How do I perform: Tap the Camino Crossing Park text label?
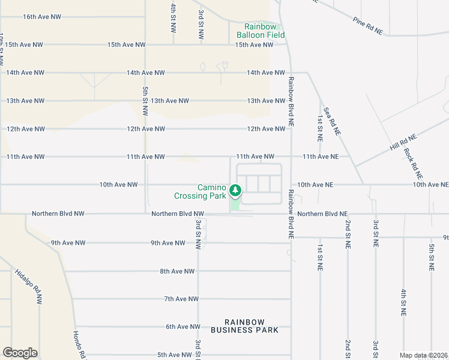pyautogui.click(x=200, y=191)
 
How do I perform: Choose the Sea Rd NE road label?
pyautogui.click(x=332, y=121)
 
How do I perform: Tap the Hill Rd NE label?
pyautogui.click(x=402, y=142)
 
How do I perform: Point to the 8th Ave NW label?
pyautogui.click(x=177, y=271)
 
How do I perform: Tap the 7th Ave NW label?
pyautogui.click(x=181, y=299)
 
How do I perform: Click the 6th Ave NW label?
pyautogui.click(x=182, y=326)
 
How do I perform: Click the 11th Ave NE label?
pyautogui.click(x=321, y=157)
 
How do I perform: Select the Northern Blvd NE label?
pyautogui.click(x=322, y=214)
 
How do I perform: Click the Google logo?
pyautogui.click(x=20, y=353)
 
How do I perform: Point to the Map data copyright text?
pyautogui.click(x=424, y=355)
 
